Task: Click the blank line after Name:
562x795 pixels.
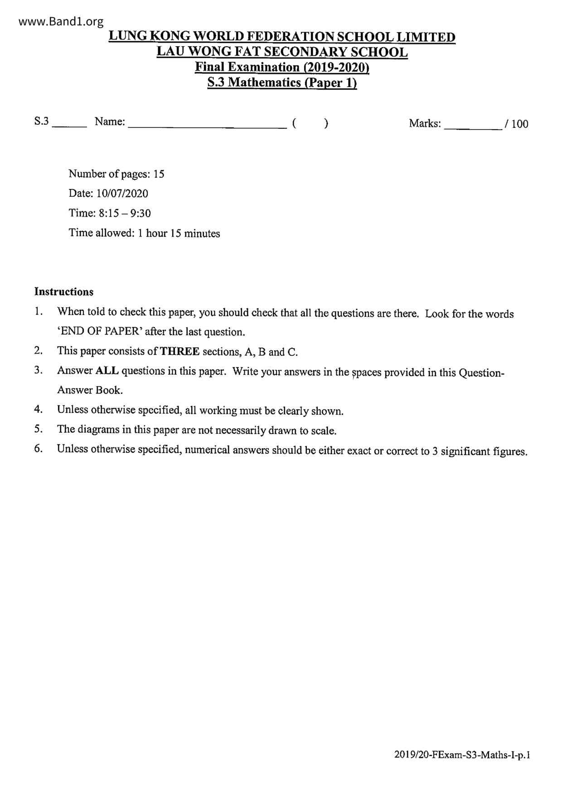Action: [x=208, y=127]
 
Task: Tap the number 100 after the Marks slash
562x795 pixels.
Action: [x=520, y=124]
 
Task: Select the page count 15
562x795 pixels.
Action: [x=159, y=174]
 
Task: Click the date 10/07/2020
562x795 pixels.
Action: [x=122, y=194]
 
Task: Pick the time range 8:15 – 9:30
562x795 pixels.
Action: [x=125, y=213]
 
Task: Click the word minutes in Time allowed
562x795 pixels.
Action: [x=202, y=233]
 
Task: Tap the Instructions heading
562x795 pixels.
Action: [x=64, y=292]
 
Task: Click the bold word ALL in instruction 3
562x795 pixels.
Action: [x=107, y=371]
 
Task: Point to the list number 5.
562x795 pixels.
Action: [x=39, y=429]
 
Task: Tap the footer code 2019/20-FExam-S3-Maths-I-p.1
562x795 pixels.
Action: [x=462, y=755]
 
